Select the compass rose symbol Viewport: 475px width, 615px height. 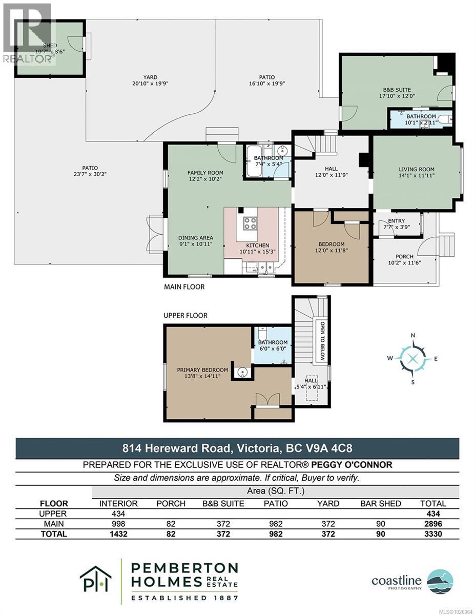[413, 358]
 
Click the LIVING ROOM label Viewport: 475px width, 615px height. [417, 170]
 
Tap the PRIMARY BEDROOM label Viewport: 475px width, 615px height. [202, 370]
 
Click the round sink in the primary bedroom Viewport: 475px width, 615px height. [242, 372]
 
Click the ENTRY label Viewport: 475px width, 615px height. [397, 221]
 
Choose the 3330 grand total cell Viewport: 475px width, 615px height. [432, 534]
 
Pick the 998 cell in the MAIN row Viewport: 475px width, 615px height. [118, 524]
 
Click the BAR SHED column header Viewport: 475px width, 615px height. [380, 503]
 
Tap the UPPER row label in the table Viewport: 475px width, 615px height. [54, 514]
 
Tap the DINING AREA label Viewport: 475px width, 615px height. [195, 238]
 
